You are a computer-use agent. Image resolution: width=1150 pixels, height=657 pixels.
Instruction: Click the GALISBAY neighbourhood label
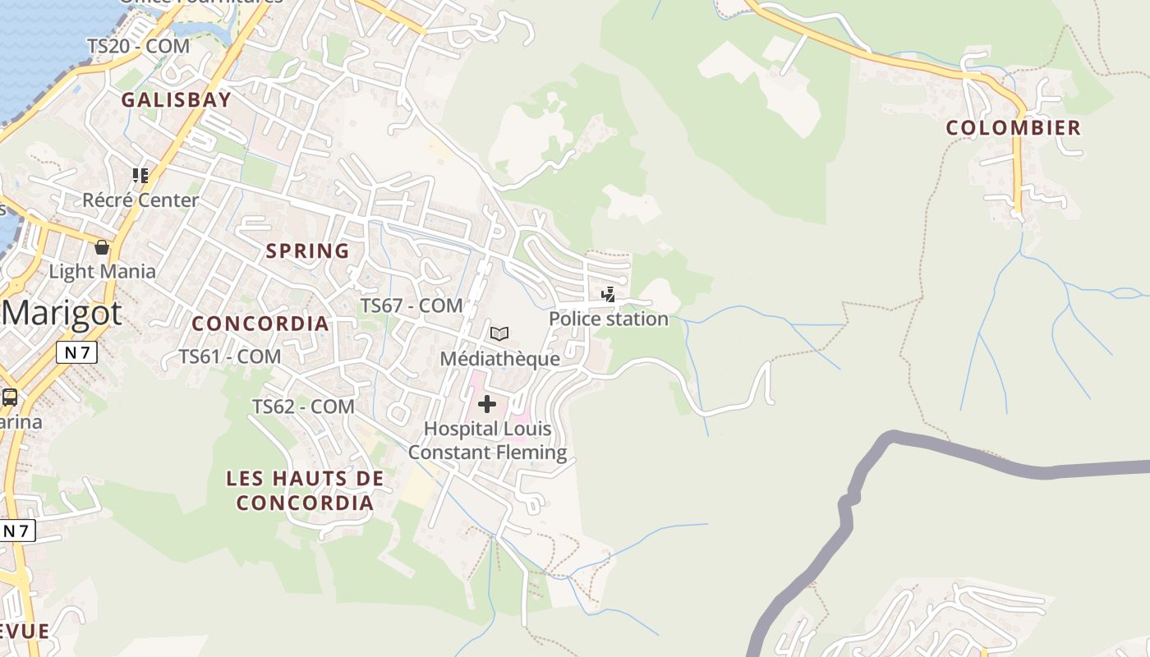coord(176,100)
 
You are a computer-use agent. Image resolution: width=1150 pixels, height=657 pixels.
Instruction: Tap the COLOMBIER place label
coord(1013,128)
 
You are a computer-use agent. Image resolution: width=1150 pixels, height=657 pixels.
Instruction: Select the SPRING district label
coord(307,251)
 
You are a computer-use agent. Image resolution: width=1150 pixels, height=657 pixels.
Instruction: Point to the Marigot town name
coord(62,313)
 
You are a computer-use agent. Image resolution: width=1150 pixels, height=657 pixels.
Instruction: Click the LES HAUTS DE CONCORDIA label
coord(305,490)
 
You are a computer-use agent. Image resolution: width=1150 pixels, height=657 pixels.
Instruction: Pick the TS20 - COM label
coord(139,47)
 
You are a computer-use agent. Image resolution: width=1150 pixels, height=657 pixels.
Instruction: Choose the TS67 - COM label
coord(412,306)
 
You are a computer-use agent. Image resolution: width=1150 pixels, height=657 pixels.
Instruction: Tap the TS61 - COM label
coord(230,357)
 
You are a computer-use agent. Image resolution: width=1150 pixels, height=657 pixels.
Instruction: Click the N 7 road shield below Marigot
coord(77,353)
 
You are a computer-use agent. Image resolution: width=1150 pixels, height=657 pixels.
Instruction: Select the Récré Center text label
coord(140,200)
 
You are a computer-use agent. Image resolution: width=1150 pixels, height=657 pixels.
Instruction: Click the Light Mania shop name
coord(102,272)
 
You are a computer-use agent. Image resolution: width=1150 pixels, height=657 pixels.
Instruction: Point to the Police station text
coord(609,319)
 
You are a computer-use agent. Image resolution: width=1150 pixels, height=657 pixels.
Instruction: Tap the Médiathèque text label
coord(499,359)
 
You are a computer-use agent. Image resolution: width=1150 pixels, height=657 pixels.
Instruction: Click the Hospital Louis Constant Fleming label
coord(487,441)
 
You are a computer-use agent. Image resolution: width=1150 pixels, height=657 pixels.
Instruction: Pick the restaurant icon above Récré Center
coord(140,175)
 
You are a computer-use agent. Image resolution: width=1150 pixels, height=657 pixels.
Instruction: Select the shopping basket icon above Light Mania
coord(102,246)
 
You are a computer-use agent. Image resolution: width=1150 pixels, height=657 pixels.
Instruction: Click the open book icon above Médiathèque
coord(499,333)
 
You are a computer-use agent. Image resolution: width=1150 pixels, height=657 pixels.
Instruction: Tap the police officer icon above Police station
coord(609,294)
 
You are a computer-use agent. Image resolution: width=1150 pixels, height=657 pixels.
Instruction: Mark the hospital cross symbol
coord(487,404)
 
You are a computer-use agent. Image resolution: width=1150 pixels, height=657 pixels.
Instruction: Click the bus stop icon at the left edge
coord(10,397)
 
